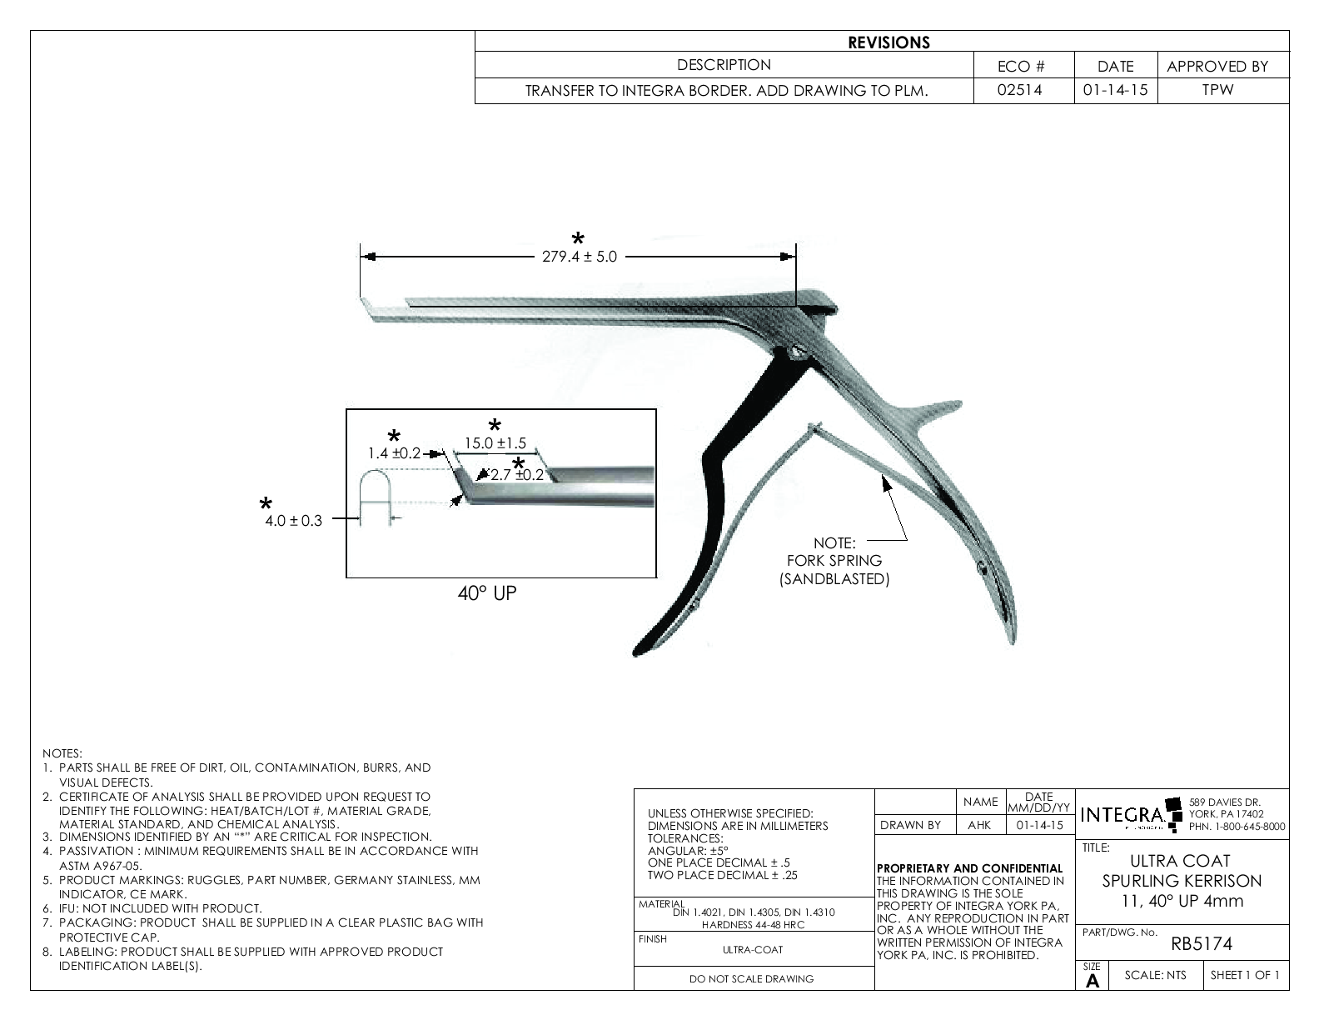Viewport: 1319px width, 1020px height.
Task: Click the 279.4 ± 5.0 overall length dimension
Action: [580, 257]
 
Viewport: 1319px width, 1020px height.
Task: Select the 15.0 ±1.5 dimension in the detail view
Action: [495, 444]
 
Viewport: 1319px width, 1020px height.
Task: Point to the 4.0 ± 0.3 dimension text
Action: [293, 522]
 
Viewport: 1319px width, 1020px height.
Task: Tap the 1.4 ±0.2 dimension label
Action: [394, 454]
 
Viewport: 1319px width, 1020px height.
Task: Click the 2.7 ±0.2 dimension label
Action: [516, 475]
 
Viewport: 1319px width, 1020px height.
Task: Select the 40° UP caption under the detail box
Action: [487, 593]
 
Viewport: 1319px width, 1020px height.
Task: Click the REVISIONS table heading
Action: [888, 42]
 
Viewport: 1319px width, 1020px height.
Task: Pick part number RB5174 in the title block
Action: [1202, 944]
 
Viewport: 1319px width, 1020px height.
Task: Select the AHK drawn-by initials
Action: [979, 825]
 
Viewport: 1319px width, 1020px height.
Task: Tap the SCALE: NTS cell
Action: [1155, 976]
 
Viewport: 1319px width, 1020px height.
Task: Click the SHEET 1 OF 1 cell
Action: [1244, 976]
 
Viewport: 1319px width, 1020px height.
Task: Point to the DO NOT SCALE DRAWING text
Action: [751, 979]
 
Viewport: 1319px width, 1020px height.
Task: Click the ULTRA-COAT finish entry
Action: [753, 949]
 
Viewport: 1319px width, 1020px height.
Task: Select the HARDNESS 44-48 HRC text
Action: [753, 925]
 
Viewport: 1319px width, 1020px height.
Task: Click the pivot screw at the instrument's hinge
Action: [797, 354]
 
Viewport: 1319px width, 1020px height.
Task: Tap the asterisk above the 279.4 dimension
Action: [578, 238]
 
